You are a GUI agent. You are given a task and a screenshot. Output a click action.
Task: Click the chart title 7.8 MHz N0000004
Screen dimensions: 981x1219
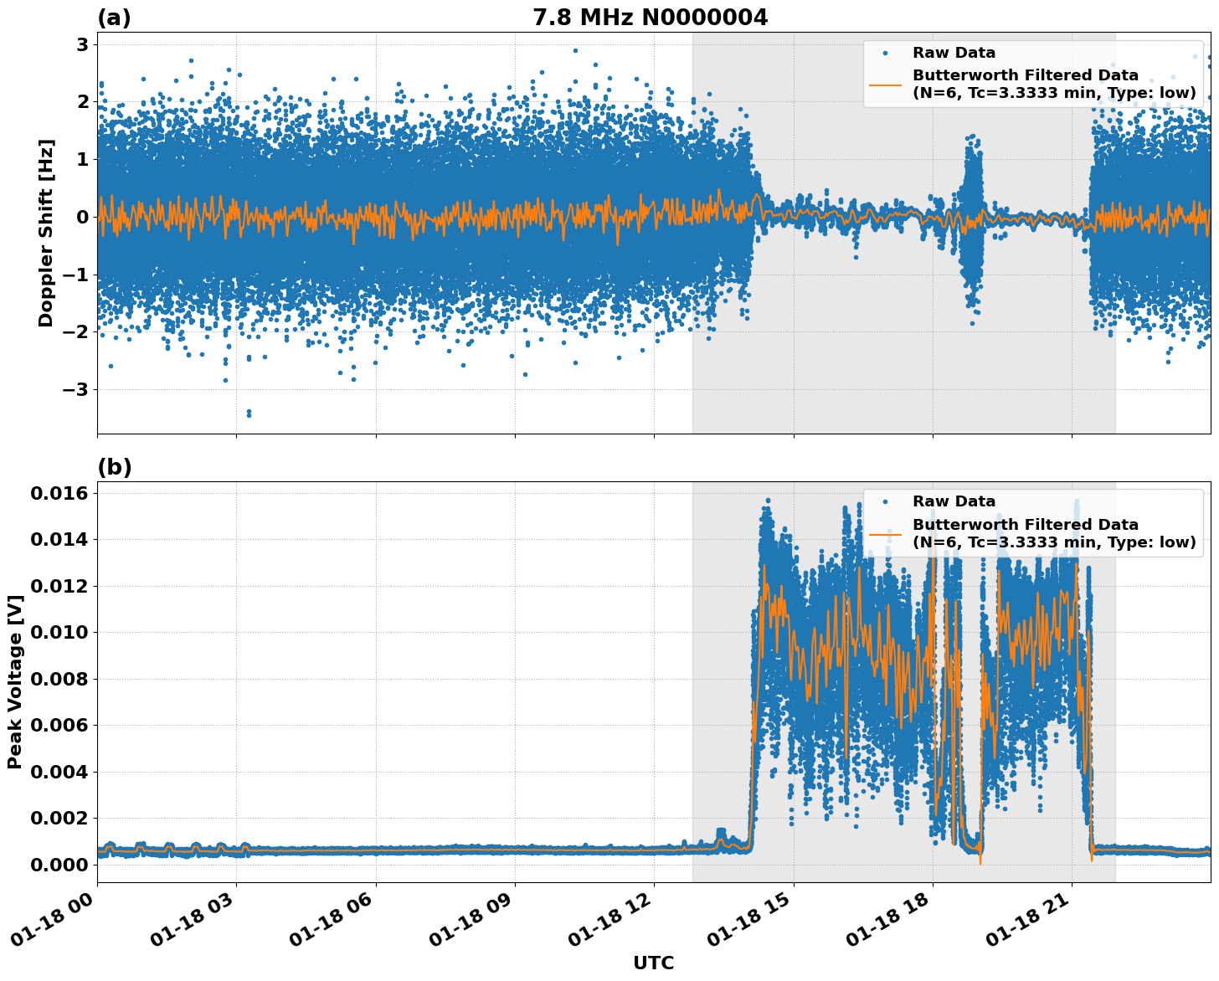[x=650, y=18]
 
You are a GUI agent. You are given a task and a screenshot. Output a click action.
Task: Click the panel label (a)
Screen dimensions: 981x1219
[x=114, y=18]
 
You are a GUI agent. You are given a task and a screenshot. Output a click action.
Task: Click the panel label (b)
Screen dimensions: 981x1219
[x=115, y=467]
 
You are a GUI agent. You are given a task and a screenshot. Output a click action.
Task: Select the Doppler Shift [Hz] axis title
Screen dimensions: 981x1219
[x=46, y=233]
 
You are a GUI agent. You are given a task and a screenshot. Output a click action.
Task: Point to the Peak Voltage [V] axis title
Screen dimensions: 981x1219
[x=14, y=681]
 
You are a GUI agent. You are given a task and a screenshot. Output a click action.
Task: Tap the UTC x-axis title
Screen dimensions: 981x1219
[x=653, y=963]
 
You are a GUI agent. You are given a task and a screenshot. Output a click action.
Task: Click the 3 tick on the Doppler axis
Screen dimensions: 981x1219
[x=83, y=44]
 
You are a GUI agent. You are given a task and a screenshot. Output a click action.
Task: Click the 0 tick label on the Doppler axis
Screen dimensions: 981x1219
[x=83, y=217]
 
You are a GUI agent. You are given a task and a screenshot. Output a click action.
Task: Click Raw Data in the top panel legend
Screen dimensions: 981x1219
[x=954, y=53]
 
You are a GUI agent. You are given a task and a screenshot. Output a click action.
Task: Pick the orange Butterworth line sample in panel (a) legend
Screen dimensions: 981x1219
[x=886, y=84]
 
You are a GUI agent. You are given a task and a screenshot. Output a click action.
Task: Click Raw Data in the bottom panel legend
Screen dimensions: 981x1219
[x=954, y=501]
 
